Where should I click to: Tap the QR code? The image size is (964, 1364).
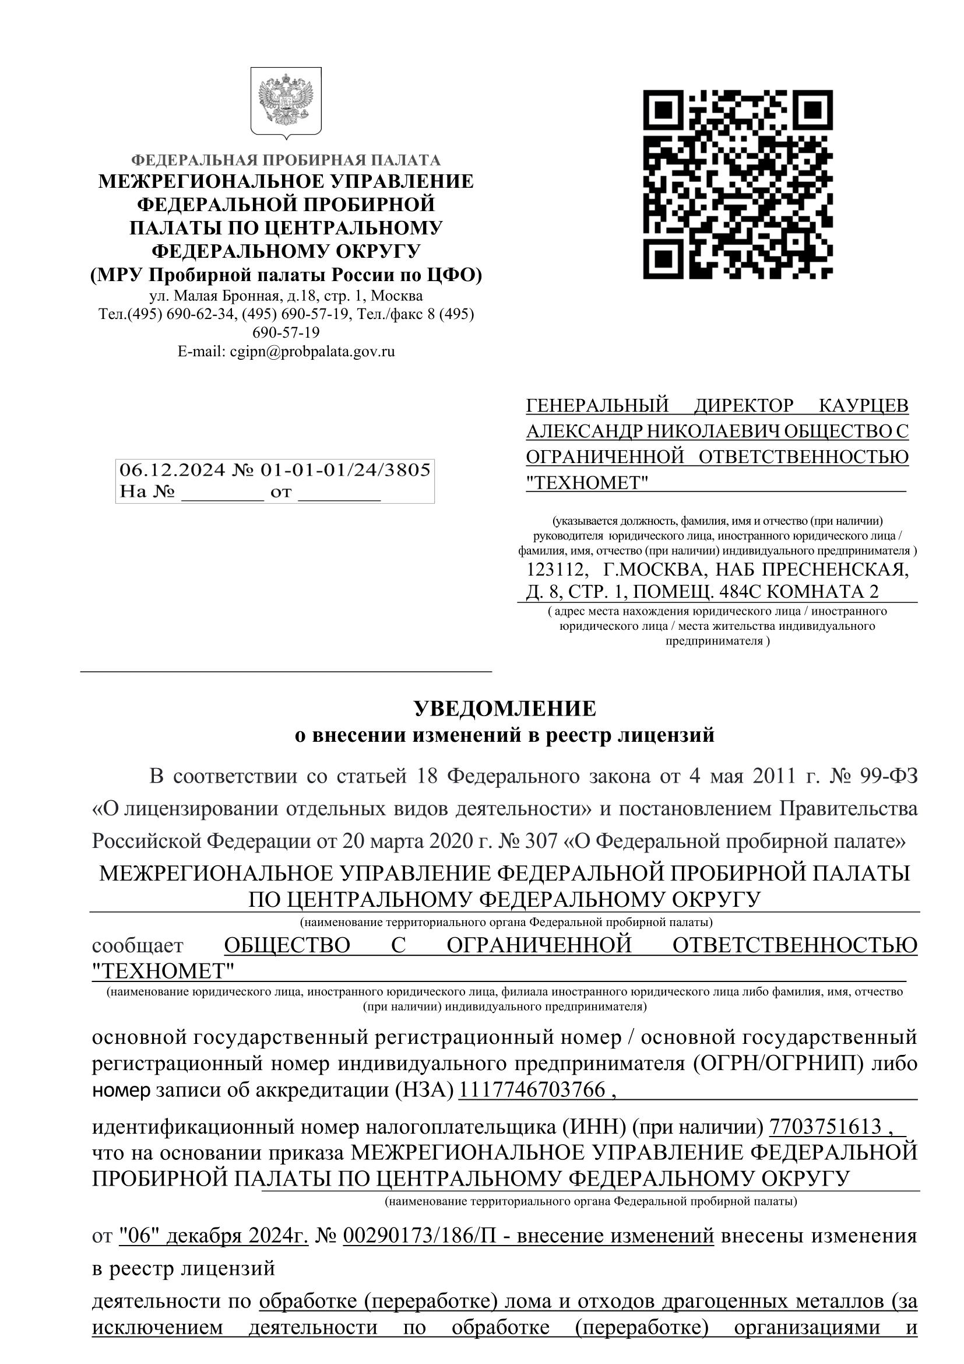tap(738, 184)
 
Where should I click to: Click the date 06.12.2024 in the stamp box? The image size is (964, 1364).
tap(173, 470)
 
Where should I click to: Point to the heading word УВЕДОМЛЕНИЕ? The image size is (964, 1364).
tap(505, 709)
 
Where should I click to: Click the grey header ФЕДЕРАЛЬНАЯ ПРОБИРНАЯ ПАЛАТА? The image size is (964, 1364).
tap(286, 160)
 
